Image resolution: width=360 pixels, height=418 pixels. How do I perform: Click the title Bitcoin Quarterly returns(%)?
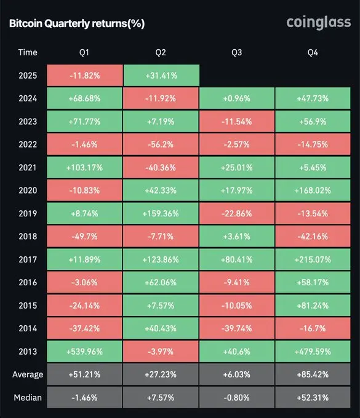pyautogui.click(x=77, y=24)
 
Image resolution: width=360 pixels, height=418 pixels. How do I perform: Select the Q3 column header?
pyautogui.click(x=237, y=52)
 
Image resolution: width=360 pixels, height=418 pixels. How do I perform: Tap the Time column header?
pyautogui.click(x=28, y=52)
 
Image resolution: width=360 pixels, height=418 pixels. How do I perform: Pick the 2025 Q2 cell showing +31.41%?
pyautogui.click(x=161, y=75)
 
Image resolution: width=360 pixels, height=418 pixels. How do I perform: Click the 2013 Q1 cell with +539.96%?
pyautogui.click(x=85, y=352)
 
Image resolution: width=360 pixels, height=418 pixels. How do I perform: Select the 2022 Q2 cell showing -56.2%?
pyautogui.click(x=161, y=144)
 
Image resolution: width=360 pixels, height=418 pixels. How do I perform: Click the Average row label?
pyautogui.click(x=28, y=374)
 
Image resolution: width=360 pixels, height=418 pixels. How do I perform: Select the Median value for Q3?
pyautogui.click(x=237, y=397)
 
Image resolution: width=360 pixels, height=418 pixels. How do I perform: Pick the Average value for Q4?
pyautogui.click(x=313, y=374)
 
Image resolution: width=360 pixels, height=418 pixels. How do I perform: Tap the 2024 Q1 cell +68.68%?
pyautogui.click(x=85, y=98)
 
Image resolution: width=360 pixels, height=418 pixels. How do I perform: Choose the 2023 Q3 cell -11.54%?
pyautogui.click(x=237, y=121)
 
